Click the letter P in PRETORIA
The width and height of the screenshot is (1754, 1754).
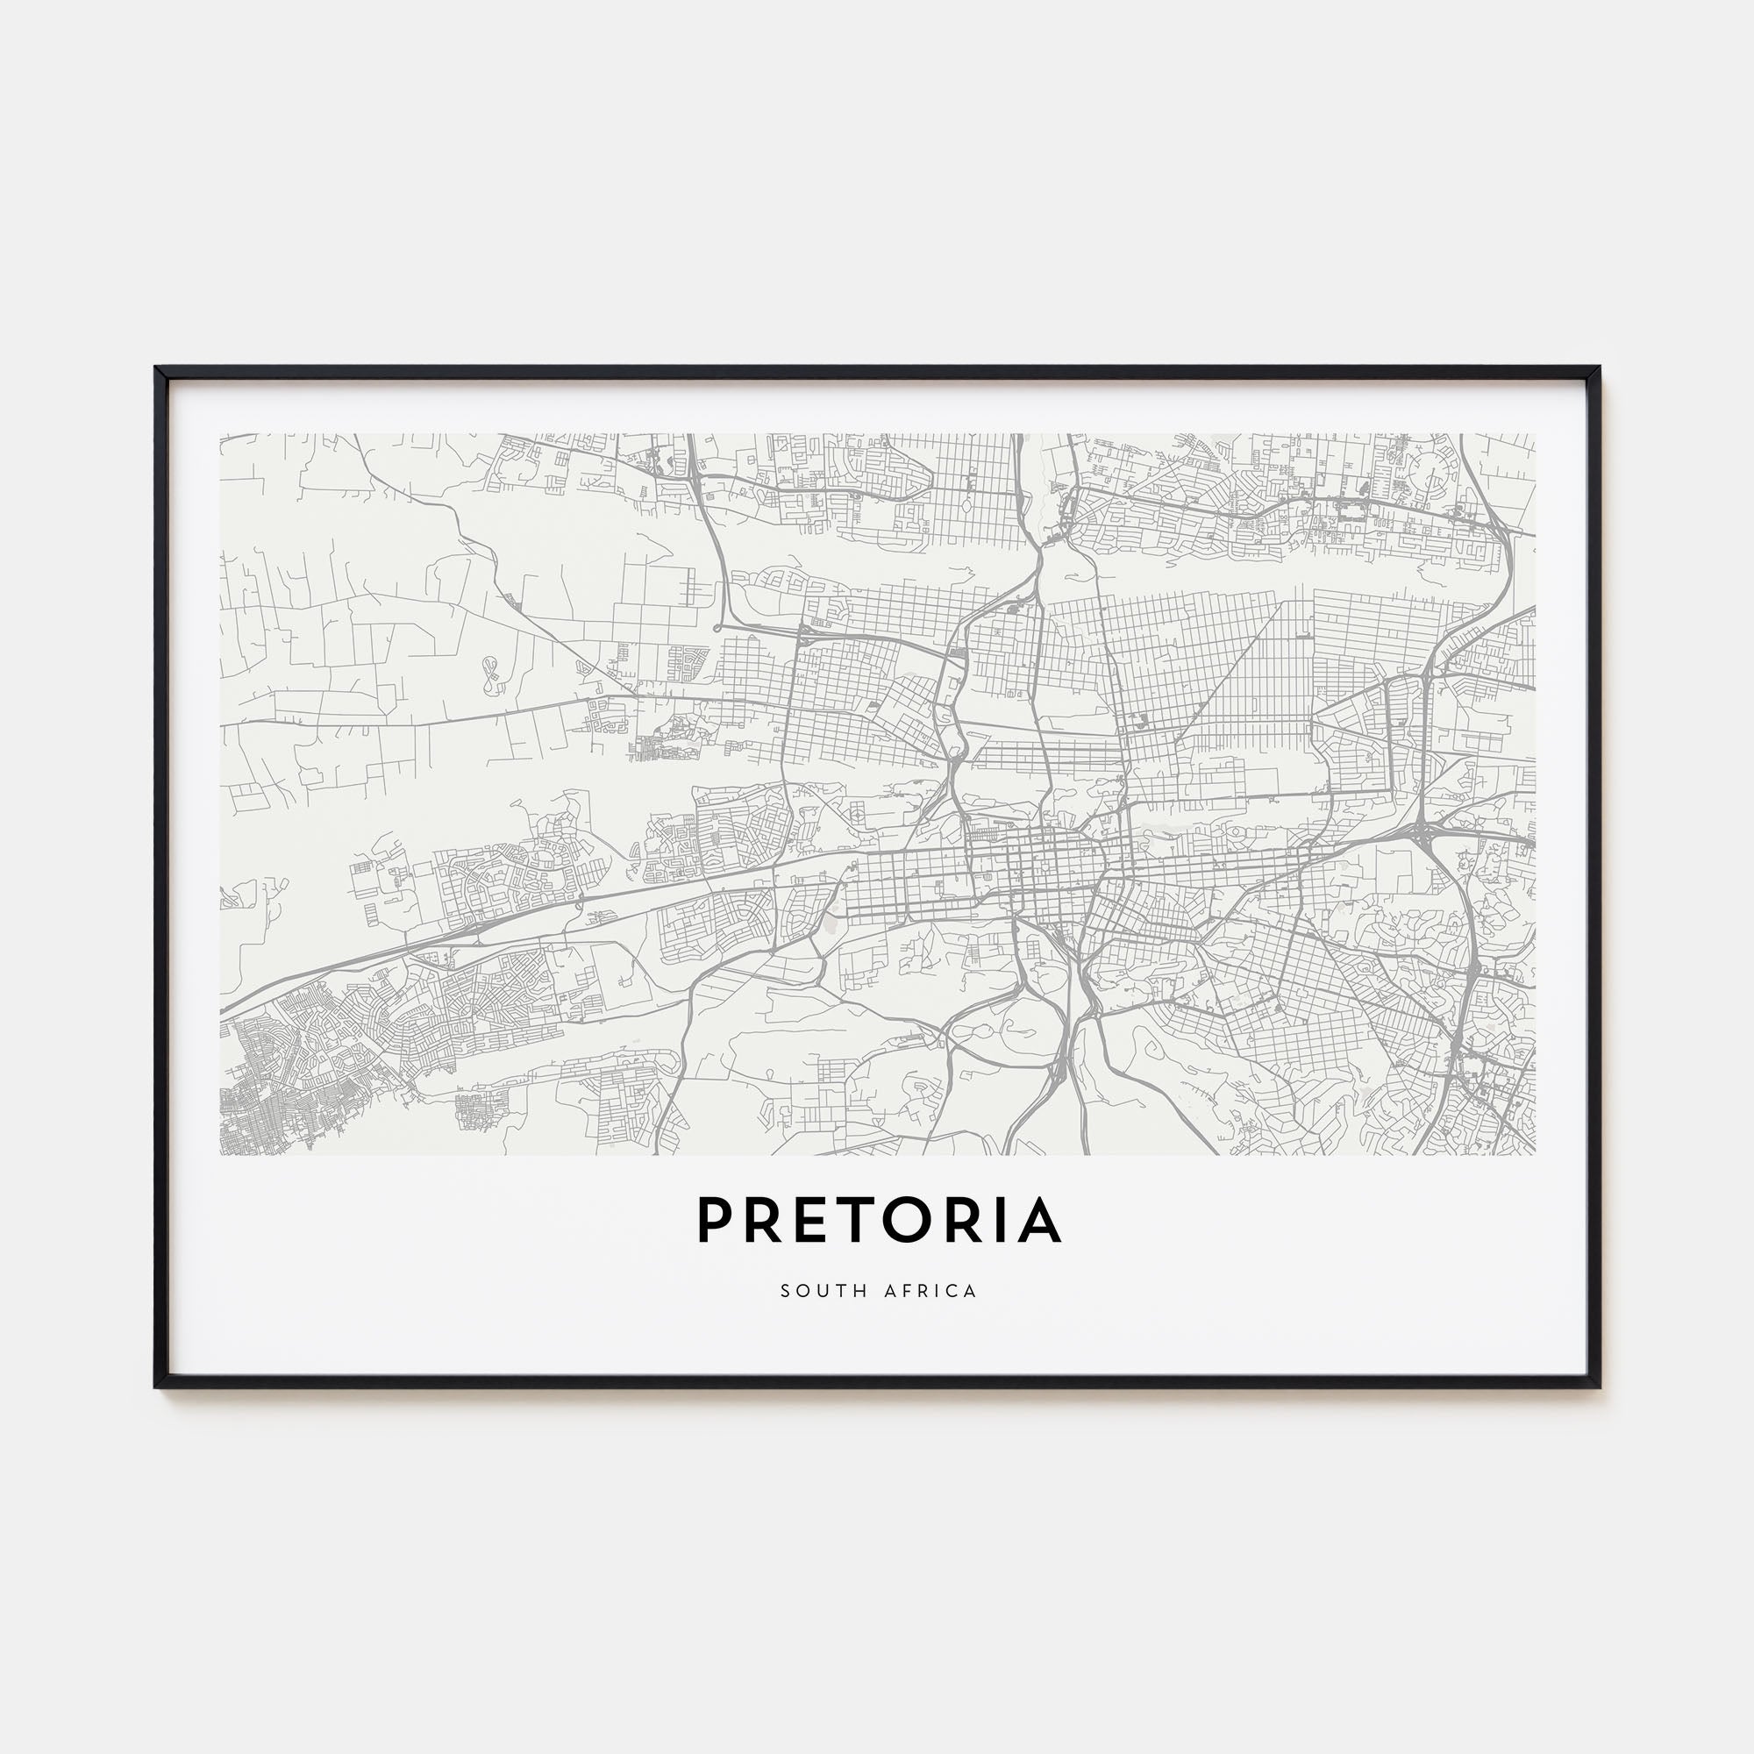715,1220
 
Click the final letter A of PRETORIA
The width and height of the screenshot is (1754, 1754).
1037,1220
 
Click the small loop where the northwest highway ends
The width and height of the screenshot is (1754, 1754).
719,625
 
